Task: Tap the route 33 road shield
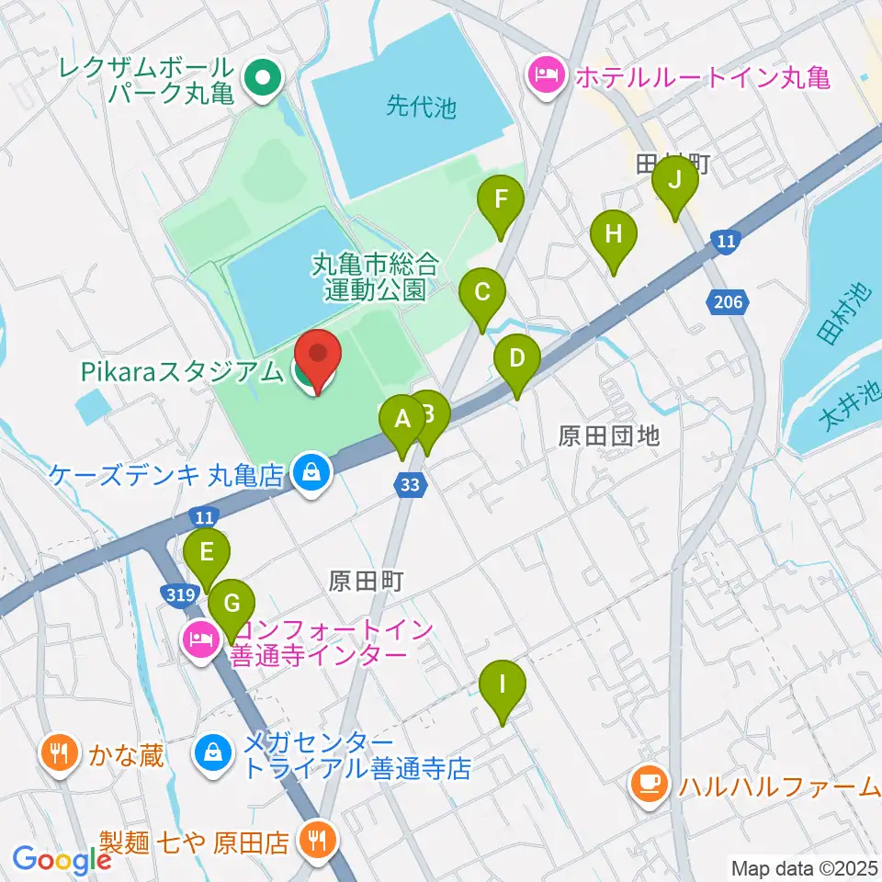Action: coord(413,486)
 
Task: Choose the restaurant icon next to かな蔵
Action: coord(60,755)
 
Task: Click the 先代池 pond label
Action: coord(421,107)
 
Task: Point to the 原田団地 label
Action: coord(609,435)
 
